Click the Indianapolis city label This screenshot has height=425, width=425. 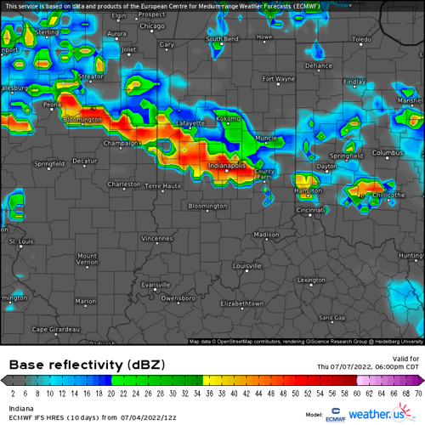point(227,165)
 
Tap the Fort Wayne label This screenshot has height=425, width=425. point(278,79)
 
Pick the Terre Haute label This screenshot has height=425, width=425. point(164,185)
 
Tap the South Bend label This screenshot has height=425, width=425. point(222,39)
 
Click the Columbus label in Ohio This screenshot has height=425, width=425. point(385,153)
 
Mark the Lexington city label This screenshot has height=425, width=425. point(311,279)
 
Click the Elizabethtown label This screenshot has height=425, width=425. point(244,303)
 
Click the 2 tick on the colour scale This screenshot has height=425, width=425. point(13,394)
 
